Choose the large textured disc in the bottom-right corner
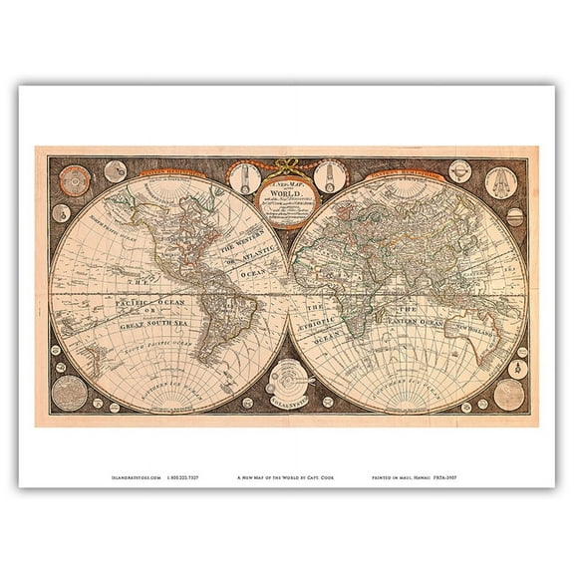tap(509, 394)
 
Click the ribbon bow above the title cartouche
tap(287, 162)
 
